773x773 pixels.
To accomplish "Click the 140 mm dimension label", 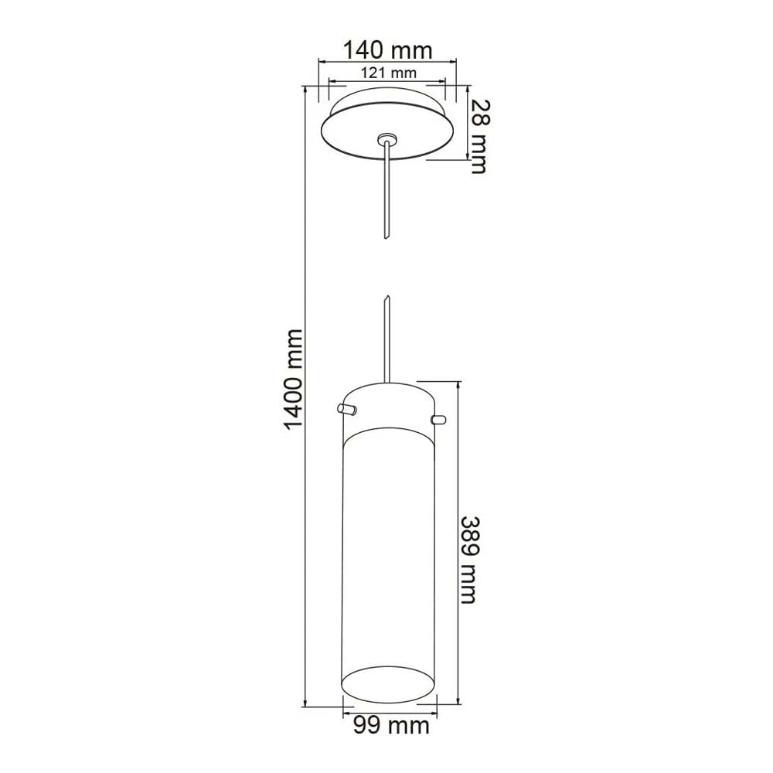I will (x=387, y=50).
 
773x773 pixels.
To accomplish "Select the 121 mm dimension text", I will (x=387, y=73).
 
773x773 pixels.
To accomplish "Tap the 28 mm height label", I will (x=479, y=135).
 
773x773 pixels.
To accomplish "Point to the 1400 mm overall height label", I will (x=293, y=379).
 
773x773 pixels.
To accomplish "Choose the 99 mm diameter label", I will (x=390, y=726).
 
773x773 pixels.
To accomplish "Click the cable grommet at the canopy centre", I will (x=386, y=140).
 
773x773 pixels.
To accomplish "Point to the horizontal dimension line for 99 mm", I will (x=390, y=706).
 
